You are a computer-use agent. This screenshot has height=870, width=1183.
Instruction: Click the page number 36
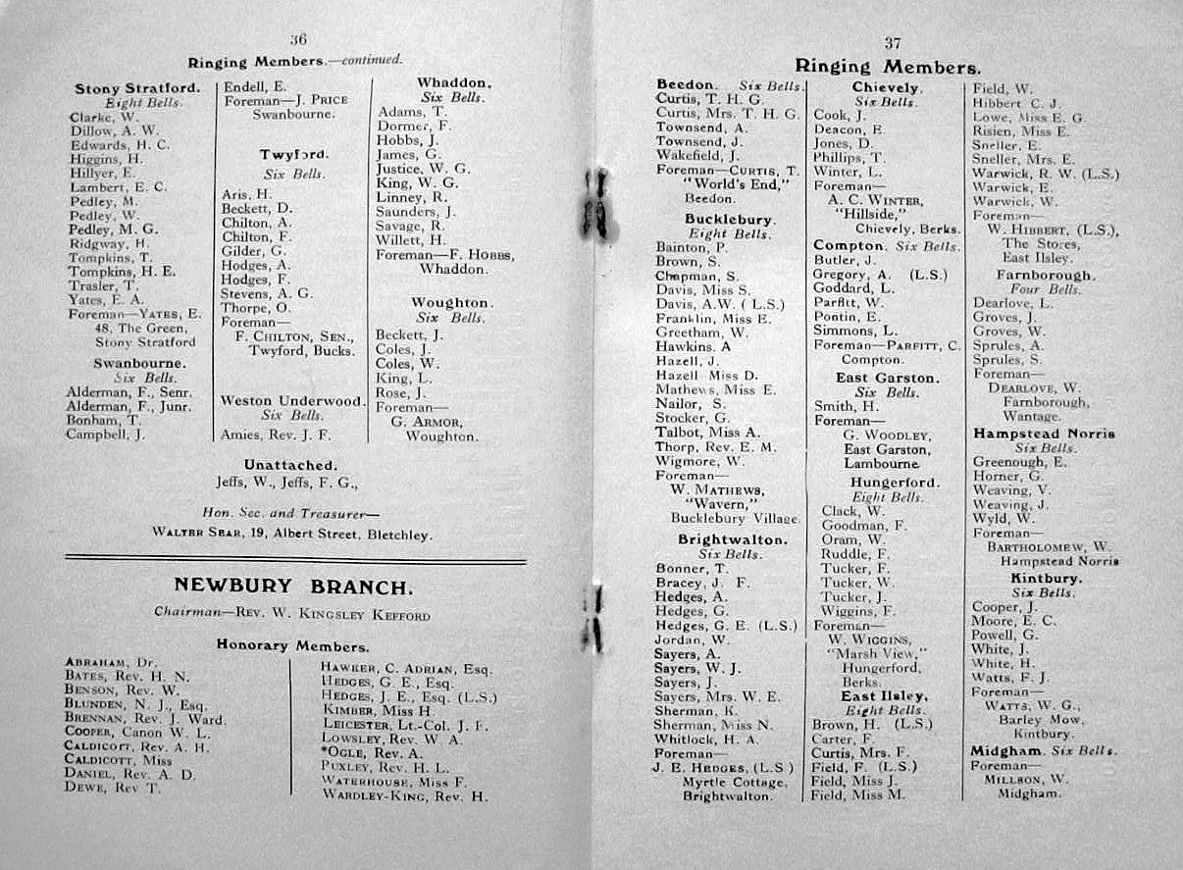point(299,39)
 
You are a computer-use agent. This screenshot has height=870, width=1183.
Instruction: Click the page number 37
point(892,42)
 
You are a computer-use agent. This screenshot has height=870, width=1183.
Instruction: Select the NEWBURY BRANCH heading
point(292,587)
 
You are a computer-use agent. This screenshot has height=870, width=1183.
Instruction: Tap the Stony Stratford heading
point(137,88)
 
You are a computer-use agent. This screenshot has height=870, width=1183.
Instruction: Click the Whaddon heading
point(453,83)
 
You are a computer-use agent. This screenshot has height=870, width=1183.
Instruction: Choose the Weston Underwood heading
point(291,400)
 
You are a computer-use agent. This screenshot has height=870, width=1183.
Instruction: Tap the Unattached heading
point(290,464)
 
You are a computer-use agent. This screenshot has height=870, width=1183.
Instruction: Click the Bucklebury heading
point(729,219)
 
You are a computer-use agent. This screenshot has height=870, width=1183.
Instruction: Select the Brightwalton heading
point(732,539)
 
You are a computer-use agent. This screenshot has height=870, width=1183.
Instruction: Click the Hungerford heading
point(895,483)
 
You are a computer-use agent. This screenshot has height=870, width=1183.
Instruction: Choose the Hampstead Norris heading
point(1044,433)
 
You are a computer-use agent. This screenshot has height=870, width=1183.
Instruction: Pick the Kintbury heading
point(1046,578)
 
